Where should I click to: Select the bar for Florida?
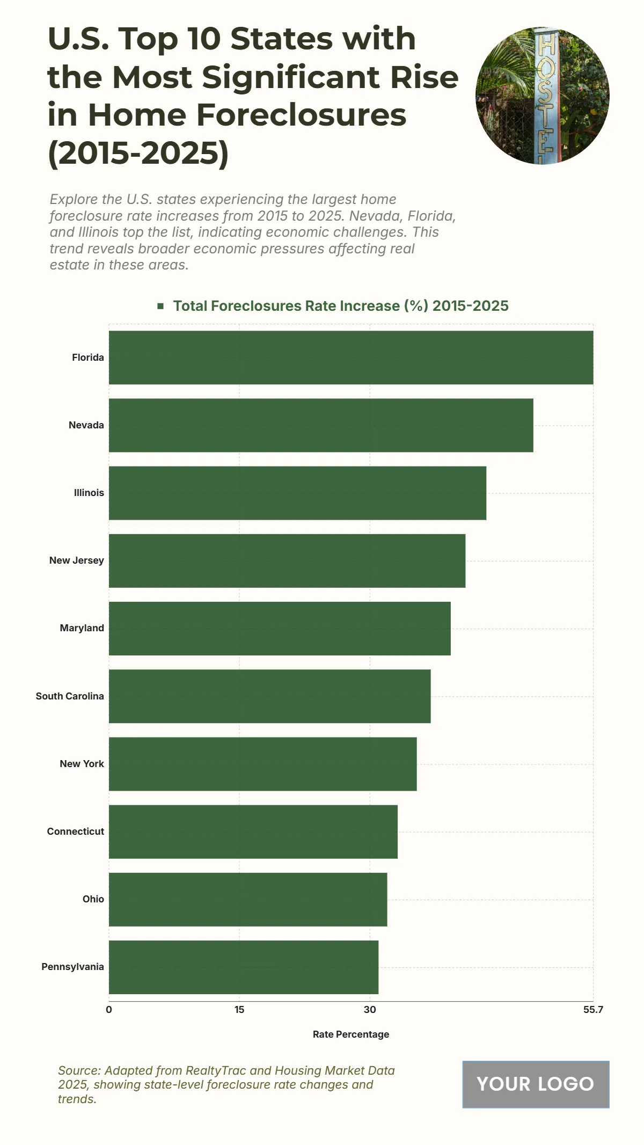pyautogui.click(x=351, y=358)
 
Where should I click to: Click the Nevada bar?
pyautogui.click(x=321, y=425)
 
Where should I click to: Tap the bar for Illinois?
pyautogui.click(x=297, y=493)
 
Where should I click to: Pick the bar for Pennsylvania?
pyautogui.click(x=244, y=967)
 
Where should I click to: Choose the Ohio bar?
pyautogui.click(x=248, y=899)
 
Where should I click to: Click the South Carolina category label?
pyautogui.click(x=70, y=696)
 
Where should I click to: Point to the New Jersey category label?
pyautogui.click(x=77, y=560)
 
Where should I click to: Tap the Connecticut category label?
pyautogui.click(x=76, y=832)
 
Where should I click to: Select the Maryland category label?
pyautogui.click(x=82, y=628)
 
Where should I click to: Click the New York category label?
pyautogui.click(x=82, y=764)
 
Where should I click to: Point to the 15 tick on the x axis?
pyautogui.click(x=239, y=1010)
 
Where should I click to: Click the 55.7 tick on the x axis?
pyautogui.click(x=593, y=1010)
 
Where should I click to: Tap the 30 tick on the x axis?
pyautogui.click(x=370, y=1010)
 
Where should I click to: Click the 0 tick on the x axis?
pyautogui.click(x=109, y=1010)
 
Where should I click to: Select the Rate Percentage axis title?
pyautogui.click(x=351, y=1034)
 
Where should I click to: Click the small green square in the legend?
pyautogui.click(x=160, y=306)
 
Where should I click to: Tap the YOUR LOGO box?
pyautogui.click(x=536, y=1084)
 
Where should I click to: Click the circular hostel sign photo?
pyautogui.click(x=542, y=96)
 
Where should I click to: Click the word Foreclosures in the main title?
pyautogui.click(x=301, y=115)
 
